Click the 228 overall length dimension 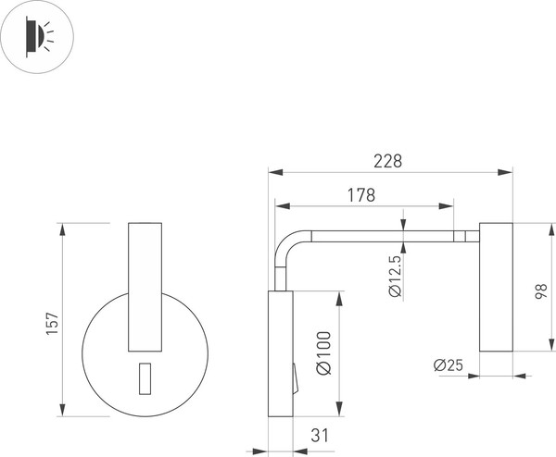(x=387, y=161)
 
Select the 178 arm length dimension (x=360, y=195)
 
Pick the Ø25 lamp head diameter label (x=448, y=364)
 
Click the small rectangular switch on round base (x=145, y=378)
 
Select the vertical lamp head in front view (x=144, y=287)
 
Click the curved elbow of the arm (x=290, y=244)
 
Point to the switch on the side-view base (x=296, y=379)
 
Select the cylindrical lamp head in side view (x=496, y=287)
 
